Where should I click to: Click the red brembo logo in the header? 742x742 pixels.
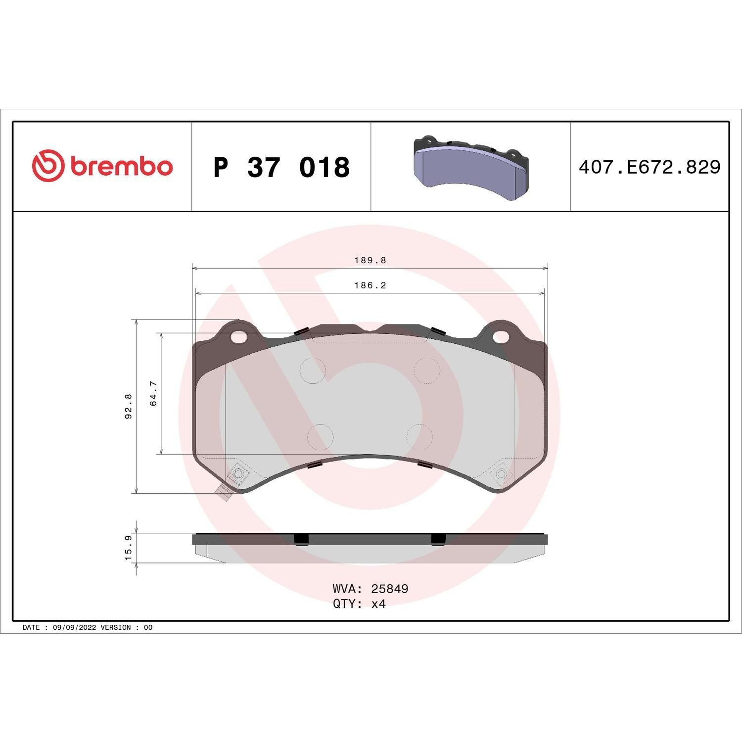tap(102, 166)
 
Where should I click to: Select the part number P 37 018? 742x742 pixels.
tap(281, 167)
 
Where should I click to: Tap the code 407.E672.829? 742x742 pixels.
tap(649, 167)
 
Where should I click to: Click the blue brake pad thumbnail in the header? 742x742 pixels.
tap(470, 167)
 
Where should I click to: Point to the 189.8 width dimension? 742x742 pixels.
tap(370, 260)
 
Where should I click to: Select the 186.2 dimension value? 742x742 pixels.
tap(370, 285)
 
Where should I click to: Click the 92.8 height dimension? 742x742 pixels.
tap(129, 406)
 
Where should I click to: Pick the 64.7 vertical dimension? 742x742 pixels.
tap(153, 393)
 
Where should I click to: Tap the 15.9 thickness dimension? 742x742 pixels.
tap(129, 548)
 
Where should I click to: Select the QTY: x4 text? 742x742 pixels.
tap(359, 604)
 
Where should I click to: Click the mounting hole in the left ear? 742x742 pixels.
tap(239, 336)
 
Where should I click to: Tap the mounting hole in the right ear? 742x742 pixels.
tap(500, 336)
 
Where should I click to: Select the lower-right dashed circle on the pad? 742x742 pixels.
tap(419, 437)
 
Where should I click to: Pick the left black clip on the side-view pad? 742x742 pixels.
tap(301, 539)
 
